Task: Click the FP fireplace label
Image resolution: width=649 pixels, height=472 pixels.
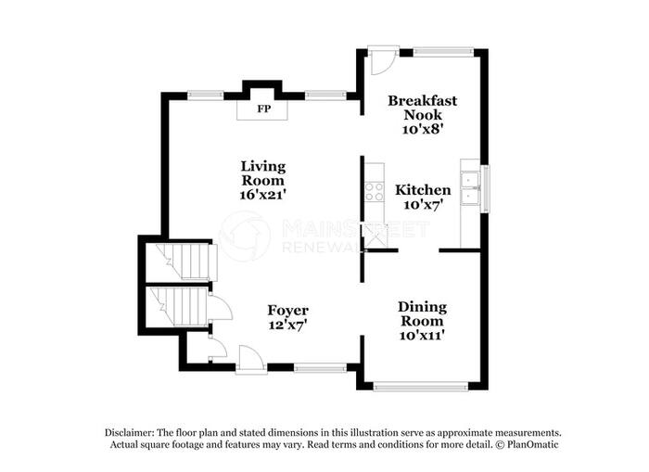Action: (263, 108)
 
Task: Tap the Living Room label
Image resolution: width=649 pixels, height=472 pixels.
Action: (263, 173)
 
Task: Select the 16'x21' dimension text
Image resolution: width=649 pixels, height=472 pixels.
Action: (263, 194)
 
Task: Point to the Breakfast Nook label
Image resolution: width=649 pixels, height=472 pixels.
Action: (423, 108)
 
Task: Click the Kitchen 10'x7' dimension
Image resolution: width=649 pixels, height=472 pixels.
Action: (424, 205)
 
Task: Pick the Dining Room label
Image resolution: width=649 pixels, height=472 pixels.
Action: (422, 313)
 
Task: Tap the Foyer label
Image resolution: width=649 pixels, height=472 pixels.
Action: (287, 311)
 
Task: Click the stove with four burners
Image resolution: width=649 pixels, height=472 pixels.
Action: (375, 192)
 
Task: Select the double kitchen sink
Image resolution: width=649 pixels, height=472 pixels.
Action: (470, 188)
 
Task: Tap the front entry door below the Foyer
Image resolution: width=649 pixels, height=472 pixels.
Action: (251, 359)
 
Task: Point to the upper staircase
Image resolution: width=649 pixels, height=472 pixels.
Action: (186, 262)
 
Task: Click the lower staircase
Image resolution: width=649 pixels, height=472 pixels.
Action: (179, 306)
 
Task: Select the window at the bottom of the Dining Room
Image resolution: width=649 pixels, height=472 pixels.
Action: (421, 387)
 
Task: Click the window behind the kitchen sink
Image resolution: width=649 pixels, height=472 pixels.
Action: (485, 189)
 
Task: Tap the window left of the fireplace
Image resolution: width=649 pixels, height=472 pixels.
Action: (206, 96)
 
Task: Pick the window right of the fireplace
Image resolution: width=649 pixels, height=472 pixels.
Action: (325, 96)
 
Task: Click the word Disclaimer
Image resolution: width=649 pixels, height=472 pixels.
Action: (129, 433)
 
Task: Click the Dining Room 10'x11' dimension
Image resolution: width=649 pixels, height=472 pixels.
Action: (422, 335)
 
